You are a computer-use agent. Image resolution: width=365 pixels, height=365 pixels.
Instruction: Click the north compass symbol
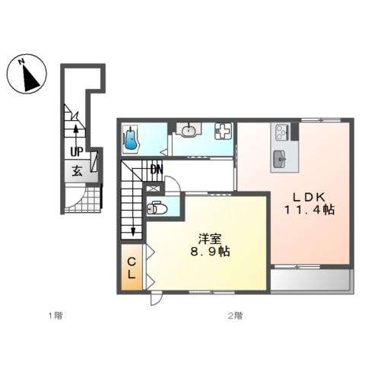click(x=27, y=74)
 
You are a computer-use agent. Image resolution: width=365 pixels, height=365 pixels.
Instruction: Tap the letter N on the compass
click(x=21, y=62)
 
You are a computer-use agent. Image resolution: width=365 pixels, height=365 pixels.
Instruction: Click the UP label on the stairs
click(x=77, y=152)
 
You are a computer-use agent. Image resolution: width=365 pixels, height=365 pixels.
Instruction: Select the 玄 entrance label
click(x=77, y=170)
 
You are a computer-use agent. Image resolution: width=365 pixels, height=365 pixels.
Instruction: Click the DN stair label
click(x=157, y=170)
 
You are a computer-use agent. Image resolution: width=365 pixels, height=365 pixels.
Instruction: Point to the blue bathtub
click(x=132, y=140)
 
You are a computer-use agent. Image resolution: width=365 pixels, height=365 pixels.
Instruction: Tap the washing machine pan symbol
click(x=224, y=131)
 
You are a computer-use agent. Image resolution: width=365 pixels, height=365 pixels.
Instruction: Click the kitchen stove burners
click(x=281, y=132)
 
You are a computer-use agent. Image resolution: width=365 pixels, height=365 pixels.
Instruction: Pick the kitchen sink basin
click(x=279, y=159)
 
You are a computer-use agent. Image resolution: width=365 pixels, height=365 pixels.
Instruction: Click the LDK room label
click(x=309, y=197)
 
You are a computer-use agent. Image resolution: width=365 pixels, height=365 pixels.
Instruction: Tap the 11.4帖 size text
click(x=309, y=210)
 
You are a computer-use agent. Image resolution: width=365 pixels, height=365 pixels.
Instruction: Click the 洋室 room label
click(x=210, y=239)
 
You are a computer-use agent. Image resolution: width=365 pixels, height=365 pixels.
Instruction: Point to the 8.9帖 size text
click(x=210, y=252)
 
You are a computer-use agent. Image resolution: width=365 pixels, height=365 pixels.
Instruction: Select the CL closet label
click(x=132, y=268)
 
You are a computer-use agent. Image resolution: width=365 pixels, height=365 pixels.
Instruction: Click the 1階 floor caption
click(x=56, y=316)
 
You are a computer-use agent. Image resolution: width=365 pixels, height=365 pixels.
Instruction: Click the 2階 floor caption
click(x=235, y=316)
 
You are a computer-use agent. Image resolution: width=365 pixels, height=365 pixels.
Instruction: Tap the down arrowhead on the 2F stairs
click(x=133, y=232)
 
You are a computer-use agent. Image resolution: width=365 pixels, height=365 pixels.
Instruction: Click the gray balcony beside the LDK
click(x=312, y=281)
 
